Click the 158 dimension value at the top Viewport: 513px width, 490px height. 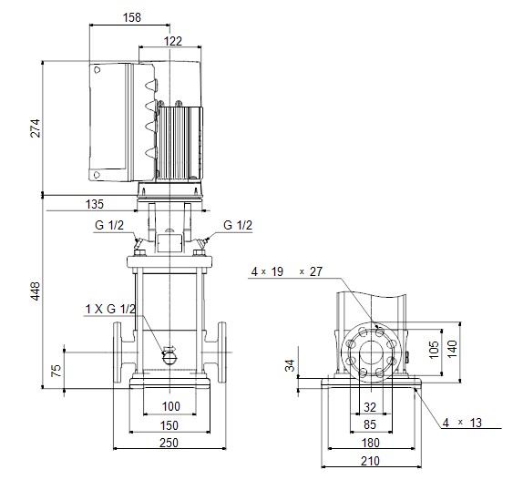pyautogui.click(x=132, y=17)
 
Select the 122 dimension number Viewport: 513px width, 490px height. pyautogui.click(x=173, y=41)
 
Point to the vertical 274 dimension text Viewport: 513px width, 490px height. pyautogui.click(x=35, y=128)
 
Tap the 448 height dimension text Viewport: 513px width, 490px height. pyautogui.click(x=35, y=291)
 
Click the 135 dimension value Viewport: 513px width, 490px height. pyautogui.click(x=95, y=204)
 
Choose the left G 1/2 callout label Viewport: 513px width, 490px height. pyautogui.click(x=109, y=225)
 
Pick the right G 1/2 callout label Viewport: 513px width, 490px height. pyautogui.click(x=238, y=225)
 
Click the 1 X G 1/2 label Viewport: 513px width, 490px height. pyautogui.click(x=110, y=309)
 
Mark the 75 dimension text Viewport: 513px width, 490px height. pyautogui.click(x=56, y=371)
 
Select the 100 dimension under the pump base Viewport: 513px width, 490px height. pyautogui.click(x=171, y=406)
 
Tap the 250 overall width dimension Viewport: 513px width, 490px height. pyautogui.click(x=169, y=443)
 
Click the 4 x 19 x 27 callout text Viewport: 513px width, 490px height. pyautogui.click(x=287, y=271)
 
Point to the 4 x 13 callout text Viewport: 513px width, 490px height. pyautogui.click(x=462, y=423)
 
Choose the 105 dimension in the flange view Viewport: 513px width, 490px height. pyautogui.click(x=434, y=350)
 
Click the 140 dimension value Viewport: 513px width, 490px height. pyautogui.click(x=452, y=349)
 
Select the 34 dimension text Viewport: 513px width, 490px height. pyautogui.click(x=290, y=365)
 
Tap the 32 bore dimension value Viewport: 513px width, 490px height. pyautogui.click(x=370, y=407)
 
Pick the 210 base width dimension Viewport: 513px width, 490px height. pyautogui.click(x=370, y=461)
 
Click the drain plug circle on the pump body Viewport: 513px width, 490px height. pyautogui.click(x=169, y=357)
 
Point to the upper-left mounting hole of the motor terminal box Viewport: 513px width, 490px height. pyautogui.click(x=97, y=69)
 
